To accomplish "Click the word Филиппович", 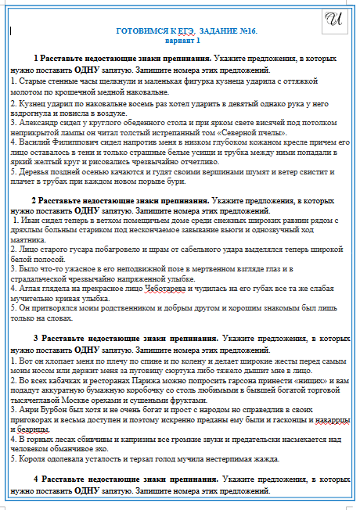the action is click(72, 145).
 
